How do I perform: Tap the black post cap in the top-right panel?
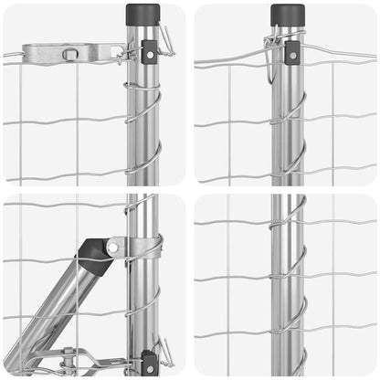coord(288,14)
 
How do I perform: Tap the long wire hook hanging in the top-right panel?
coord(272,55)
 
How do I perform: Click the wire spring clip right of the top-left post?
coord(165,38)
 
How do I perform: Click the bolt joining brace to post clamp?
coord(113,247)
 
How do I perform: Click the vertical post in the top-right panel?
coord(288,119)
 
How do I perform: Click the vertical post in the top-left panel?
coord(142,110)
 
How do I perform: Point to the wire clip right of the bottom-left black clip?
coord(165,351)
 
